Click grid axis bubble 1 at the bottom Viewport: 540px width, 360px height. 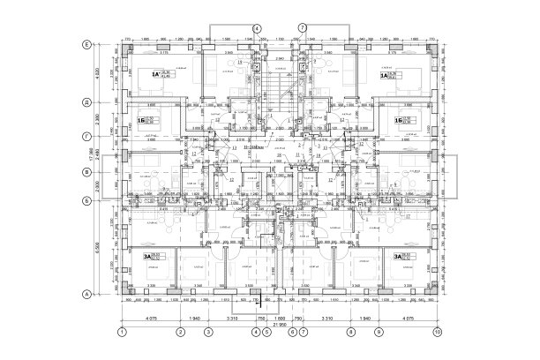click(122, 332)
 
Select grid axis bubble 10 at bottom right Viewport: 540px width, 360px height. click(437, 332)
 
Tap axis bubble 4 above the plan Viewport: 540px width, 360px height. click(257, 28)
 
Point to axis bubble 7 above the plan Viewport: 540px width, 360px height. click(302, 28)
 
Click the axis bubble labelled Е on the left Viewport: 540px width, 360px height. click(86, 43)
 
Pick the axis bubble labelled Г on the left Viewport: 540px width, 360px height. click(86, 137)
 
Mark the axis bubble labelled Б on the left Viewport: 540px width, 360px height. click(86, 200)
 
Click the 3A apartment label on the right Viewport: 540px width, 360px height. click(397, 256)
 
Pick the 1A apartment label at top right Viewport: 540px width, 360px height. click(385, 76)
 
